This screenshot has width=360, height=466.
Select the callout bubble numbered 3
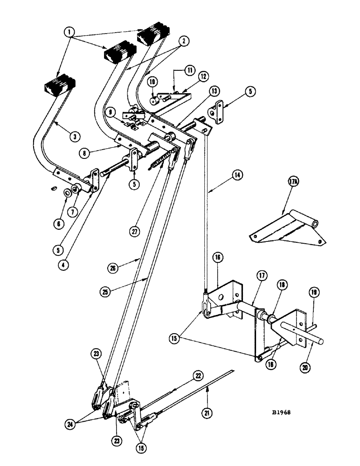tap(74, 136)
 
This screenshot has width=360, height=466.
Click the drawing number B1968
tap(284, 412)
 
